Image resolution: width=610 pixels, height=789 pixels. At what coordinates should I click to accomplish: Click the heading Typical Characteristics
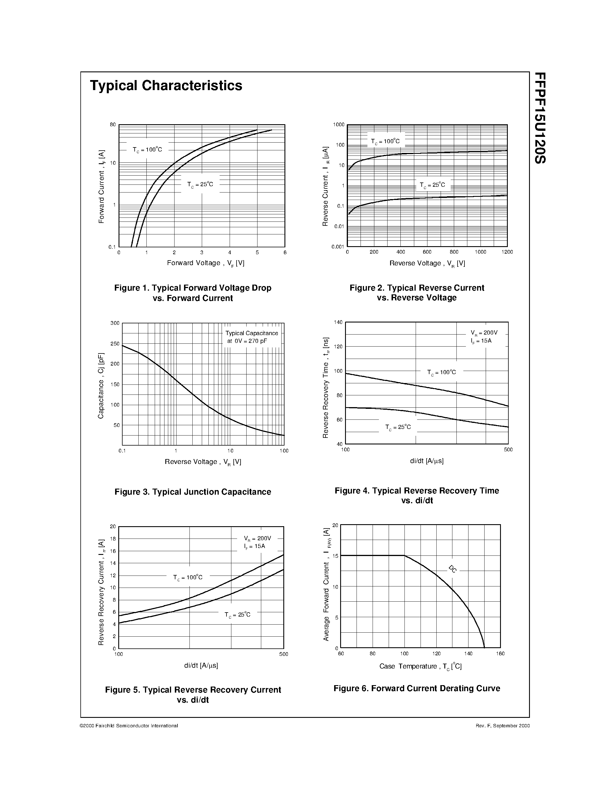tap(166, 85)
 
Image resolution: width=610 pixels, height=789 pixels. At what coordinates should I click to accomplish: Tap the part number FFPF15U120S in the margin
tap(540, 118)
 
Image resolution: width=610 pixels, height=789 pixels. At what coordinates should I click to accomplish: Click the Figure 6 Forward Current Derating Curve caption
tap(417, 688)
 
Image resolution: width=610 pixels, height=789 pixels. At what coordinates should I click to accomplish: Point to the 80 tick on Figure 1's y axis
tap(113, 125)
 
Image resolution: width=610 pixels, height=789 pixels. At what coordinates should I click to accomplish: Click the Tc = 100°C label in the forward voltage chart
tap(147, 149)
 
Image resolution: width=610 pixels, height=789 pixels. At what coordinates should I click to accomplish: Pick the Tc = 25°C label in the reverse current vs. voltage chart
tap(432, 185)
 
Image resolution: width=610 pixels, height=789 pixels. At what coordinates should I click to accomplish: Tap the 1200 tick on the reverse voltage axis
tap(507, 252)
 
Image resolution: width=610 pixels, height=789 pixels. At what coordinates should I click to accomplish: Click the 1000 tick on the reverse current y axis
tap(339, 125)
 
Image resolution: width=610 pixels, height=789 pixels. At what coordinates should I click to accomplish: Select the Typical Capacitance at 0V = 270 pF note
tap(251, 337)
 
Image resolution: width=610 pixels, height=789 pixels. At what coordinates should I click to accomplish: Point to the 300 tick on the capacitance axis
tap(115, 323)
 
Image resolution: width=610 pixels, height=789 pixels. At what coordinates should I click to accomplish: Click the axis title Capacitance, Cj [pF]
tap(101, 386)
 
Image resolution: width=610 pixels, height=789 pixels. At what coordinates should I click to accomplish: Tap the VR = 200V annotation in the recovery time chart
tap(484, 332)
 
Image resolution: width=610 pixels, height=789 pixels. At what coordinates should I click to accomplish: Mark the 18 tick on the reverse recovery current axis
tap(113, 539)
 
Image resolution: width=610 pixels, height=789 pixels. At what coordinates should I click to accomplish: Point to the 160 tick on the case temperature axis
tap(500, 654)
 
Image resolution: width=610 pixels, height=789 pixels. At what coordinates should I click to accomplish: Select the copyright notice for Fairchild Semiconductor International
tap(129, 725)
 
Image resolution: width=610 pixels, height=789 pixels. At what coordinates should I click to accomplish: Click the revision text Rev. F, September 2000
tap(503, 725)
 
